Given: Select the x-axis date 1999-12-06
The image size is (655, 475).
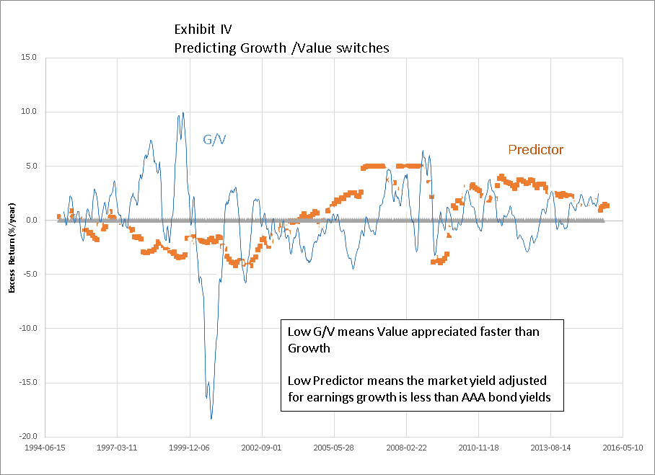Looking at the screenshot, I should [x=190, y=447].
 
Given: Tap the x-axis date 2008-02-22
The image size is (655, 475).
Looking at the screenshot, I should [x=406, y=447].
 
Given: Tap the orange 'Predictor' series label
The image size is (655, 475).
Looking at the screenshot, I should [x=535, y=150].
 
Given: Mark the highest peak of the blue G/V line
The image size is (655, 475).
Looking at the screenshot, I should [x=183, y=112].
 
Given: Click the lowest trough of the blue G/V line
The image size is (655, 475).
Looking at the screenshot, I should [x=211, y=418].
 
